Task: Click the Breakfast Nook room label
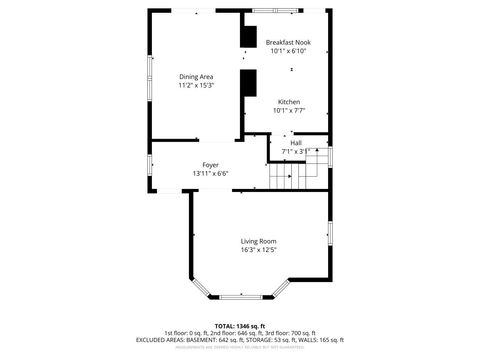pyautogui.click(x=289, y=42)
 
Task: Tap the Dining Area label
pyautogui.click(x=196, y=77)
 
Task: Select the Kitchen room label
pyautogui.click(x=289, y=102)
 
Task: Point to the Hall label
pyautogui.click(x=296, y=143)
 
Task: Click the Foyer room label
pyautogui.click(x=211, y=165)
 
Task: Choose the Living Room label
pyautogui.click(x=258, y=241)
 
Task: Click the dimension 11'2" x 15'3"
pyautogui.click(x=196, y=86)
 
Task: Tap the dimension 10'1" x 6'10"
pyautogui.click(x=289, y=51)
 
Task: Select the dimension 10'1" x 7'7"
pyautogui.click(x=289, y=111)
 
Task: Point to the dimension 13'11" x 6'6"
pyautogui.click(x=211, y=174)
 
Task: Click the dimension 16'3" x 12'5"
pyautogui.click(x=258, y=250)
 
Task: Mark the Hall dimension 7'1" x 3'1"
pyautogui.click(x=296, y=152)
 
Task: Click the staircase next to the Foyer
pyautogui.click(x=285, y=177)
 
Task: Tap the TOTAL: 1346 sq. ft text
pyautogui.click(x=239, y=326)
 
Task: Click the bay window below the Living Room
pyautogui.click(x=239, y=296)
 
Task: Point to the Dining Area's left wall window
pyautogui.click(x=150, y=76)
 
